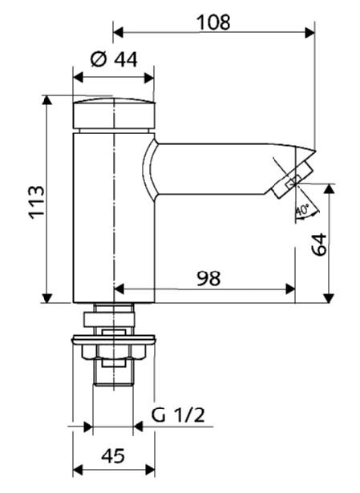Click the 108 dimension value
pos(213,22)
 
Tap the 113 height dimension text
pos(36,202)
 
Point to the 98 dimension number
pos(208,278)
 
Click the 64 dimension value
pos(319,244)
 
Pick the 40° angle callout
pos(302,210)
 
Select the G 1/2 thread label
pos(178,415)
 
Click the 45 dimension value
pos(113,455)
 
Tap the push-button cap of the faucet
pos(114,114)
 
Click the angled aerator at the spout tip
pos(293,181)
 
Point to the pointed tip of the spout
pos(315,150)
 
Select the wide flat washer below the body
pos(114,340)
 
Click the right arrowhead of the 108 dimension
pos(309,32)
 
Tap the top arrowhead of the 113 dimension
pos(47,100)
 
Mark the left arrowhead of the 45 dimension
pos(78,470)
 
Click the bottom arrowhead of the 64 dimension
pos(329,298)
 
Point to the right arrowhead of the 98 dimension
pos(290,289)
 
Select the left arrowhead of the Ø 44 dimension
pos(78,77)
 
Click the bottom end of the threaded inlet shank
pos(113,385)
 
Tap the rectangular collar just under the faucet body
pos(109,319)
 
